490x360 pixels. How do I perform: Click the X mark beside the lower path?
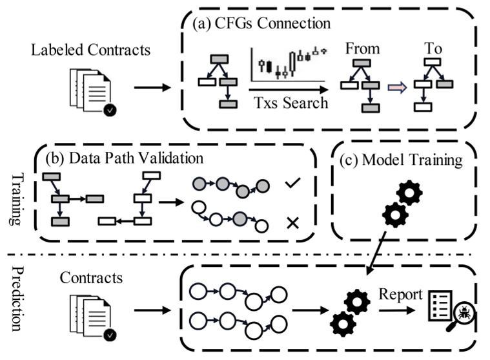[x=292, y=224]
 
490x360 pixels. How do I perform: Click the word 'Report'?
[x=400, y=295]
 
